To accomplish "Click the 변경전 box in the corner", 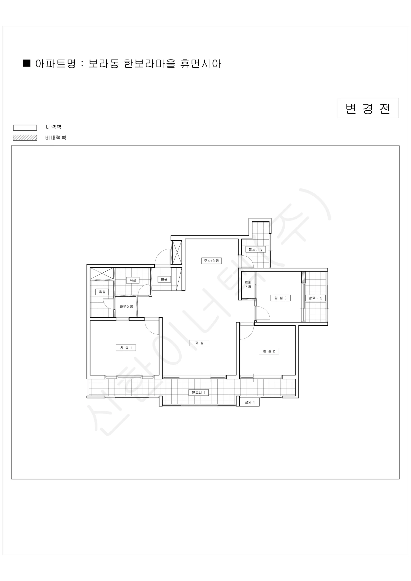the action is pyautogui.click(x=367, y=108).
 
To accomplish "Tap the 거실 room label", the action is pyautogui.click(x=199, y=343).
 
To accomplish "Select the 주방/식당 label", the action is pyautogui.click(x=212, y=261).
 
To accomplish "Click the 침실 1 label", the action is pyautogui.click(x=126, y=348).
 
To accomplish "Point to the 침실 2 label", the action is pyautogui.click(x=269, y=351).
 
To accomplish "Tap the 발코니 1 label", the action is pyautogui.click(x=199, y=392).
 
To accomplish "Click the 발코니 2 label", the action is pyautogui.click(x=315, y=298).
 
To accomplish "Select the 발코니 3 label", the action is pyautogui.click(x=255, y=249).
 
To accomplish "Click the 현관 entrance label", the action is pyautogui.click(x=164, y=279).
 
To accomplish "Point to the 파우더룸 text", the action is pyautogui.click(x=126, y=306).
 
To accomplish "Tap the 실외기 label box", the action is pyautogui.click(x=250, y=402).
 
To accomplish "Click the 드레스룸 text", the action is pyautogui.click(x=248, y=285).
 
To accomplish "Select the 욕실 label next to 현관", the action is pyautogui.click(x=133, y=280).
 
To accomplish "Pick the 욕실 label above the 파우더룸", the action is pyautogui.click(x=102, y=292).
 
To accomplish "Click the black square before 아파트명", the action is pyautogui.click(x=27, y=63).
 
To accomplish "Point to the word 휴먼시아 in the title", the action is pyautogui.click(x=201, y=64).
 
